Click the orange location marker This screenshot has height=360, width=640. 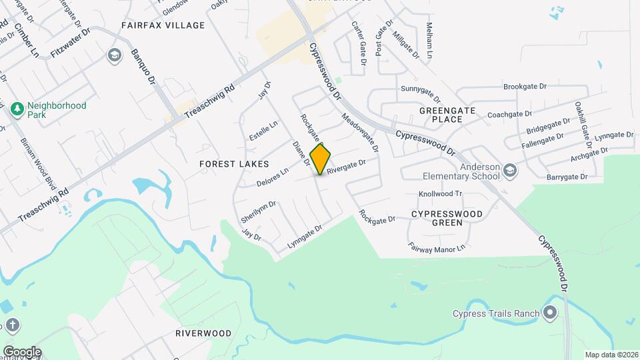321,159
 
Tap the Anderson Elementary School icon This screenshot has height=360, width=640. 510,170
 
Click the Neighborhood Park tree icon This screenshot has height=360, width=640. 17,107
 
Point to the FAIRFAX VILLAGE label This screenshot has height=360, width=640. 163,25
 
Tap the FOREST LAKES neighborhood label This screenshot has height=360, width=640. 234,163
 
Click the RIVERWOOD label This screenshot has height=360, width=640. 203,333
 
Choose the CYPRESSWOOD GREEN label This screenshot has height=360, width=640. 446,218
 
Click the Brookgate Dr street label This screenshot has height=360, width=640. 525,87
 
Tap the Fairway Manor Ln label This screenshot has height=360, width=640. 437,248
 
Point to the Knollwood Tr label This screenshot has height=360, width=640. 440,194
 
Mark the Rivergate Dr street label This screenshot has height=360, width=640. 347,166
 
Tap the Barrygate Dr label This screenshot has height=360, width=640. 567,177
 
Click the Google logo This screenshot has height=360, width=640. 22,351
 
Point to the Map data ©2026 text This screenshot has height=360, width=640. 611,355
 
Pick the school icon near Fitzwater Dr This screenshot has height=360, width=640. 114,54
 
